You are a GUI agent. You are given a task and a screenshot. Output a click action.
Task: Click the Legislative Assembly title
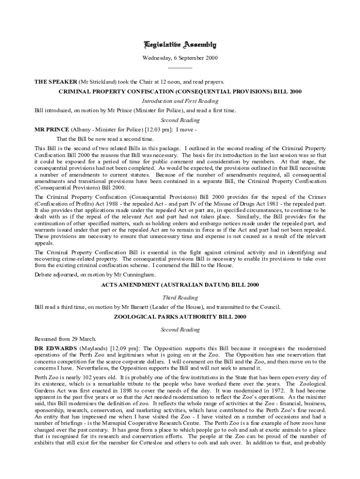point(180,45)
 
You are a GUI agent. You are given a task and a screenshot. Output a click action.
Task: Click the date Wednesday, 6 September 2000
point(180,58)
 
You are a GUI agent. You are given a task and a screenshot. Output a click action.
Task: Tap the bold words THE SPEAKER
point(55,81)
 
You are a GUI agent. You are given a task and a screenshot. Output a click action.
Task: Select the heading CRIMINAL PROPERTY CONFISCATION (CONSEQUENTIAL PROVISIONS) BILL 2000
point(180,91)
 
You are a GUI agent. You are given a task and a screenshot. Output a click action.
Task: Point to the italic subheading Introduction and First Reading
point(180,101)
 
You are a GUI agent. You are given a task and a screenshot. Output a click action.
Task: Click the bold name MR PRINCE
point(52,130)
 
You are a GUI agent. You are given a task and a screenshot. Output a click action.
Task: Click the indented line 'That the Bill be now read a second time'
point(105,139)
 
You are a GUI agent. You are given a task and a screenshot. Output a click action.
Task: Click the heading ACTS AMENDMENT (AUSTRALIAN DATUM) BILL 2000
point(180,284)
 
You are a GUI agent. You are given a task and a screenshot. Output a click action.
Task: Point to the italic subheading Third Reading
point(180,298)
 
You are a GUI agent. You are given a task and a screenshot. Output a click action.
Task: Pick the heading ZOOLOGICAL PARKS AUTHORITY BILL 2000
point(180,317)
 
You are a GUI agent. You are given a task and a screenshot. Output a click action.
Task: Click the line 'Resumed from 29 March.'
point(65,339)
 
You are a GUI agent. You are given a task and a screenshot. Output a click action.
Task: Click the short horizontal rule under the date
point(180,68)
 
